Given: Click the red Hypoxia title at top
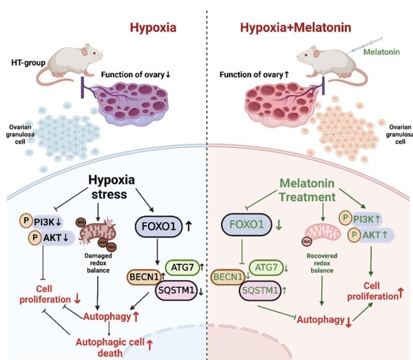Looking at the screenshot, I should click(x=153, y=28).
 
